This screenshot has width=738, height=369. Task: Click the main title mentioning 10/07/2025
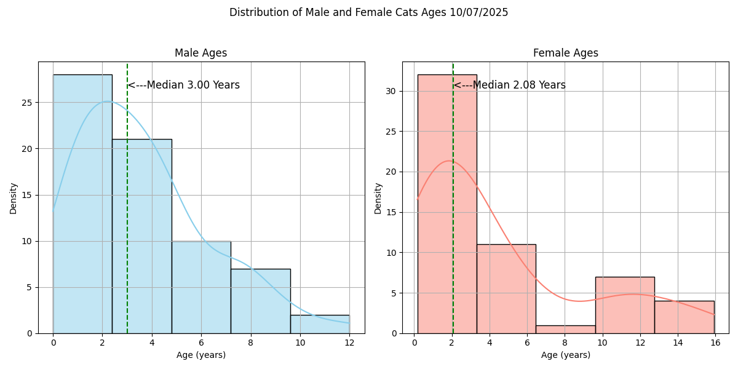[368, 12]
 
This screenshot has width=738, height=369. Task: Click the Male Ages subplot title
[200, 53]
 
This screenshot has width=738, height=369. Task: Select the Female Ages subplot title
[565, 53]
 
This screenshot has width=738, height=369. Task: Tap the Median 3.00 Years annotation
[184, 85]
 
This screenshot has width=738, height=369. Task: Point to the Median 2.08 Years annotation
[510, 85]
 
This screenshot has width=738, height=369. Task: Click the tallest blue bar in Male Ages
[82, 203]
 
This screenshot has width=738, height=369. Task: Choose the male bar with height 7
[260, 301]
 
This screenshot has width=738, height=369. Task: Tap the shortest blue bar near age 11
[320, 324]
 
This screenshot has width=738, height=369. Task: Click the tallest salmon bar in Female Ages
[447, 203]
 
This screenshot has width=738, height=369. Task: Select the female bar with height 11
[506, 289]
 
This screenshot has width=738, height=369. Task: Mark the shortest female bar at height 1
[565, 329]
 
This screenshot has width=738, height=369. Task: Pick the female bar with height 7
[625, 305]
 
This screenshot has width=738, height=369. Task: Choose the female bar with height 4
[684, 317]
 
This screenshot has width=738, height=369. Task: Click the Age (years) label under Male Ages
[201, 355]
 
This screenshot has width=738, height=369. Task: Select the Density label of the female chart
[378, 197]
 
